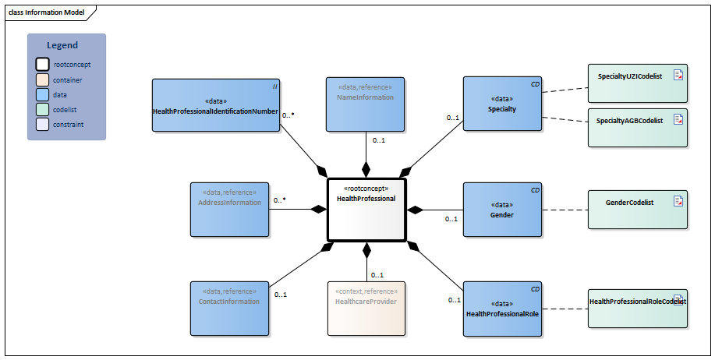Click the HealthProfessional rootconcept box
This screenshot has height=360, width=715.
coord(366,209)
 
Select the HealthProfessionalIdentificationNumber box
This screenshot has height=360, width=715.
coord(215,105)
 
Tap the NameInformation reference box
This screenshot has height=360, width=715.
coord(365,104)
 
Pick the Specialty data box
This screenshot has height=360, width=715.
coord(502,104)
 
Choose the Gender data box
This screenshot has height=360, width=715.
coord(502,210)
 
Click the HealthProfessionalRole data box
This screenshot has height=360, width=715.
coord(502,309)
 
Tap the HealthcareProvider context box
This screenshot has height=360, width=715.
coord(366,309)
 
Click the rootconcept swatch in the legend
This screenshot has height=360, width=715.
coord(42,65)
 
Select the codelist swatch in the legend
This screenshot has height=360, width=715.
coord(42,109)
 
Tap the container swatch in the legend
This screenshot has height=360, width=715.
coord(42,79)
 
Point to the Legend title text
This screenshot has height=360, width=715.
coord(62,46)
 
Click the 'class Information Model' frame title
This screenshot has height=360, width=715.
coord(47,12)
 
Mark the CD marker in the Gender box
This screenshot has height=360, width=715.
coord(535,190)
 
